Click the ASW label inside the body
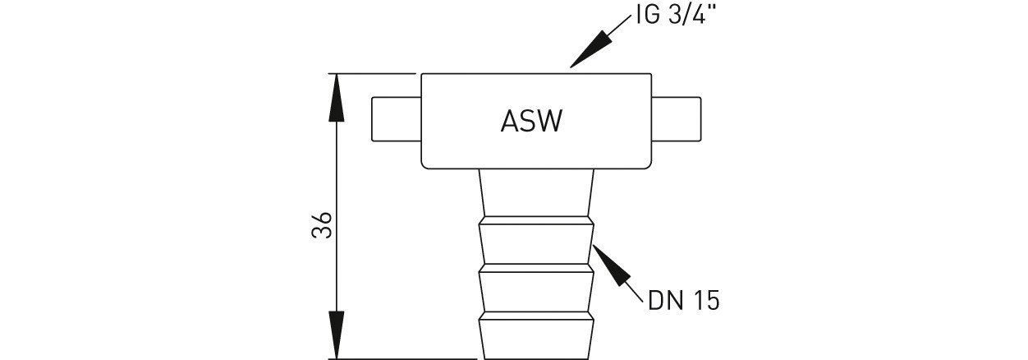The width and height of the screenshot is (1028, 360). click(x=531, y=122)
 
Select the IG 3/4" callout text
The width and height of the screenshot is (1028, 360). click(x=675, y=16)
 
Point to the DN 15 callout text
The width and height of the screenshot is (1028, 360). click(x=683, y=301)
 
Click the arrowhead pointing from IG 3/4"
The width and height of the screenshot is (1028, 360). click(x=591, y=48)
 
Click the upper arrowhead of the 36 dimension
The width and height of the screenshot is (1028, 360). click(x=335, y=95)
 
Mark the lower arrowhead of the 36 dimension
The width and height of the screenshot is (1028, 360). click(x=335, y=337)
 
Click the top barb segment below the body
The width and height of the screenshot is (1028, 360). click(x=535, y=194)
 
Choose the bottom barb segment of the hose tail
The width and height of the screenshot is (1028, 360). click(x=535, y=337)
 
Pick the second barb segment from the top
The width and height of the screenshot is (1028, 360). click(x=535, y=244)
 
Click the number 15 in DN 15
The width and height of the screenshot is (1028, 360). click(x=707, y=301)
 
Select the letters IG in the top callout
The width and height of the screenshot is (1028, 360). click(x=646, y=16)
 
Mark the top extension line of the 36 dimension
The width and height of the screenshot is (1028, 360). click(x=374, y=74)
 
